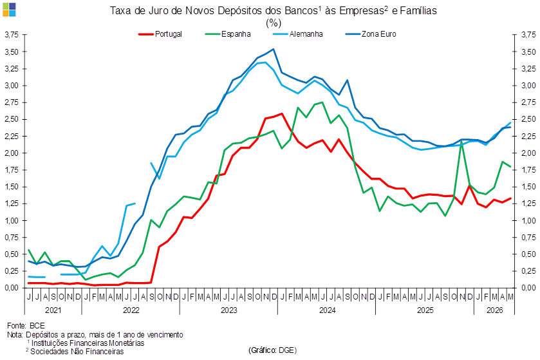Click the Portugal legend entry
pyautogui.click(x=160, y=34)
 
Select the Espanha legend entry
pyautogui.click(x=228, y=34)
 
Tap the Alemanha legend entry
pyautogui.click(x=297, y=34)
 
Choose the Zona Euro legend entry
pyautogui.click(x=371, y=34)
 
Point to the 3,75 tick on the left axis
pyautogui.click(x=11, y=35)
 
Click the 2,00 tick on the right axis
pyautogui.click(x=528, y=153)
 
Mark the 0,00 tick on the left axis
pyautogui.click(x=11, y=288)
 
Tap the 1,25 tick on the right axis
pyautogui.click(x=528, y=204)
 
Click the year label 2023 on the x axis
pyautogui.click(x=229, y=310)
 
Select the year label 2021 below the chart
pyautogui.click(x=53, y=310)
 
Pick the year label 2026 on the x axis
pyautogui.click(x=494, y=310)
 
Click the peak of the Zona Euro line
pyautogui.click(x=274, y=49)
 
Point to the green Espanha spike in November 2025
pyautogui.click(x=461, y=141)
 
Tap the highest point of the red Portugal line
pyautogui.click(x=282, y=113)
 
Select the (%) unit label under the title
pyautogui.click(x=274, y=23)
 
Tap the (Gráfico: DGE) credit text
pyautogui.click(x=272, y=350)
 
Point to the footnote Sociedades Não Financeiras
pyautogui.click(x=77, y=352)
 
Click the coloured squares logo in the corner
pyautogui.click(x=9, y=9)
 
